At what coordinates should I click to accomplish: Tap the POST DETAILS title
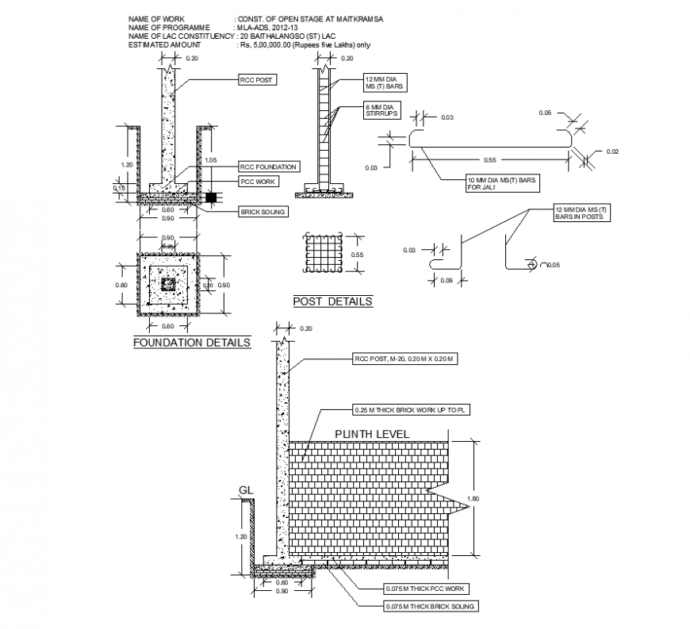[332, 301]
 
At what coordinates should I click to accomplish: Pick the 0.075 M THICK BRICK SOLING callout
[417, 606]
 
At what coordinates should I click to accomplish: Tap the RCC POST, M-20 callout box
[405, 359]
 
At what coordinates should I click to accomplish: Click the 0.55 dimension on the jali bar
[489, 159]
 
